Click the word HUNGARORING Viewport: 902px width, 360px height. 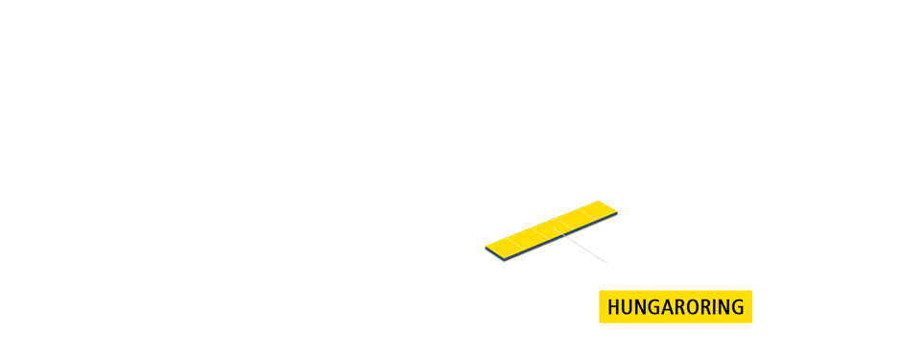tap(676, 307)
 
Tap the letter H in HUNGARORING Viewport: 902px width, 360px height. tap(615, 307)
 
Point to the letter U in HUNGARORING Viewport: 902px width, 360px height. tap(629, 307)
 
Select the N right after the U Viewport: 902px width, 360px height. tap(642, 307)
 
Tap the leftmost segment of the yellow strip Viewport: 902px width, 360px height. tap(504, 247)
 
